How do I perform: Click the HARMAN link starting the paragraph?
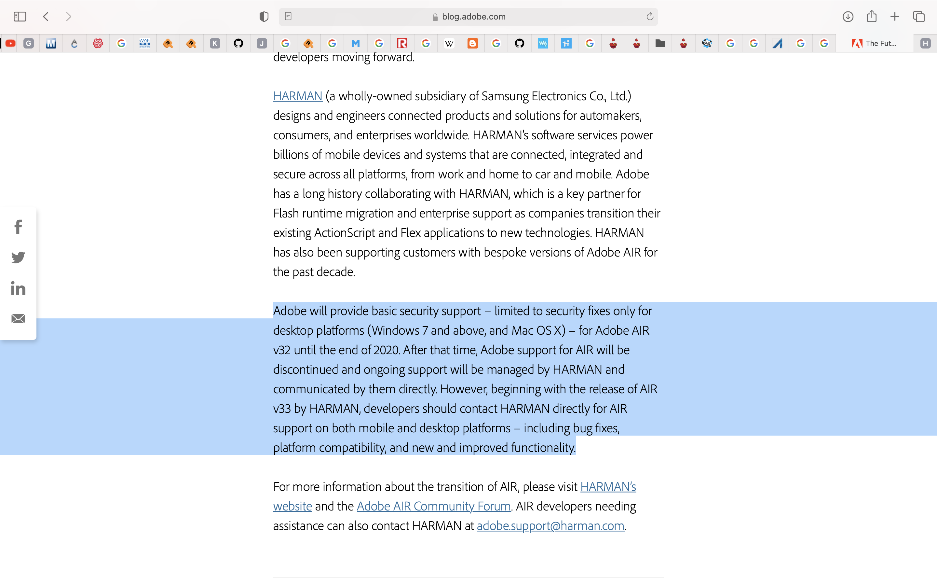297,96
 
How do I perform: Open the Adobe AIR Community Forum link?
433,506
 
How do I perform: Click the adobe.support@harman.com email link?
550,526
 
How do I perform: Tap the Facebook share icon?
18,227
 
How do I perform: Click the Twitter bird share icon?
18,257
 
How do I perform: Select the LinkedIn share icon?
18,288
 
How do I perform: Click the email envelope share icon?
18,319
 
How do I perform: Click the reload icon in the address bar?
650,17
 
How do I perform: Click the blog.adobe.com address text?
473,17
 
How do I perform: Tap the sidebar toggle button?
20,17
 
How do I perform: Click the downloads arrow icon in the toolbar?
848,17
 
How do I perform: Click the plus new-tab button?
895,17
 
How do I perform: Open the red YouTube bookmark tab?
10,43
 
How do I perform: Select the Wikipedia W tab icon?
449,43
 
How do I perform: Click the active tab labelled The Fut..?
874,43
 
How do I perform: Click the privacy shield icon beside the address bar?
264,17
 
